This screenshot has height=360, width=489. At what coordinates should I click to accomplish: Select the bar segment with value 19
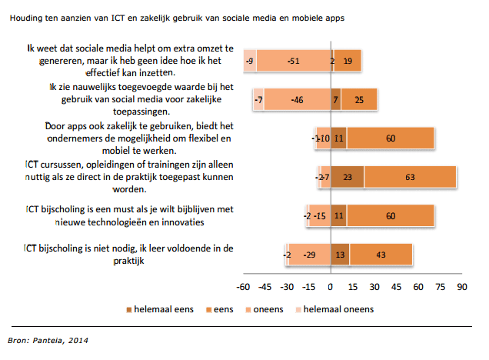(348, 61)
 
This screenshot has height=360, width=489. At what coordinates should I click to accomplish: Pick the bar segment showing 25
(359, 99)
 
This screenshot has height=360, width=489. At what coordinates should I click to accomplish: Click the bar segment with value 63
(410, 176)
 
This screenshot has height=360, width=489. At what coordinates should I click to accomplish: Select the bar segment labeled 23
(348, 176)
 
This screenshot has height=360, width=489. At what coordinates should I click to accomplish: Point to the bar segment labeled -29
(311, 254)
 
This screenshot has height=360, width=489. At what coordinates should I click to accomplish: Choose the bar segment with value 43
(381, 254)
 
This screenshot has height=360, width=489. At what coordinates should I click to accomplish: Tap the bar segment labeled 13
(341, 254)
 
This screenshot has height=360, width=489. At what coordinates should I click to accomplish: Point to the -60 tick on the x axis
(243, 288)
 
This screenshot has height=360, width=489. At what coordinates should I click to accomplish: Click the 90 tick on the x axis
(462, 288)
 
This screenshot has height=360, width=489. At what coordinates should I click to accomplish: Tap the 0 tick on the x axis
(331, 288)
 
